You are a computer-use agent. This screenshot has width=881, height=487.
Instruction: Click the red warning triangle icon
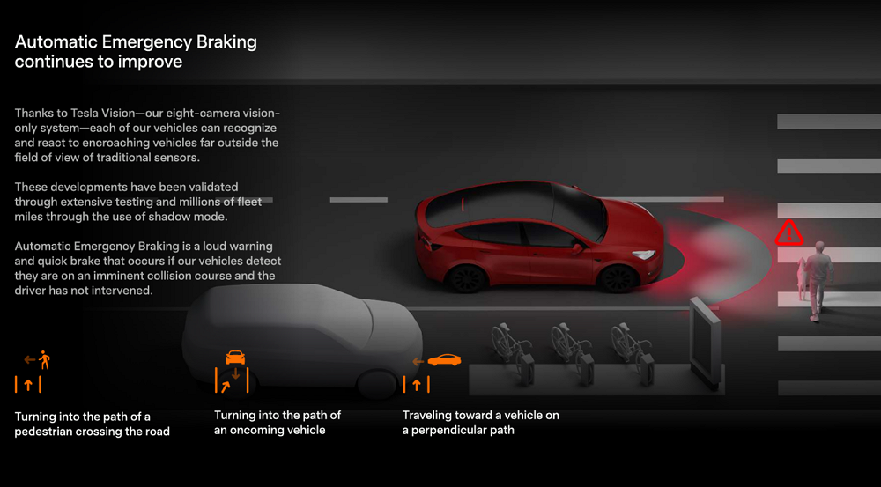[x=788, y=232]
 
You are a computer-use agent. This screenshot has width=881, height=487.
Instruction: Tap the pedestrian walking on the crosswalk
[x=818, y=281]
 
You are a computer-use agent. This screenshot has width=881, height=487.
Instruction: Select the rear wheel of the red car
[x=465, y=278]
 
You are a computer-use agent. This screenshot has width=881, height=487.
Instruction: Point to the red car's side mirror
[x=576, y=247]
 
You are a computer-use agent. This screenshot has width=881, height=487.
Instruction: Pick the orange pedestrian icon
[x=44, y=359]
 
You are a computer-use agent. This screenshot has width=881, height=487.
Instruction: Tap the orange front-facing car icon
[x=235, y=358]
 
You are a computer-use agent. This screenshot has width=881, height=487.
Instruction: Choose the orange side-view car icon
[x=444, y=359]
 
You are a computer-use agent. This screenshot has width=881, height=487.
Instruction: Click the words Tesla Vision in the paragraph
[x=103, y=113]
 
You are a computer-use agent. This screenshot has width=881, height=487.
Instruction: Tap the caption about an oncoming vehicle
[x=278, y=423]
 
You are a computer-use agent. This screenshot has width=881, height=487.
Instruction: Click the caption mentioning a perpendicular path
[x=480, y=423]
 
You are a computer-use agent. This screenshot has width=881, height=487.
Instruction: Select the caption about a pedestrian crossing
[x=93, y=424]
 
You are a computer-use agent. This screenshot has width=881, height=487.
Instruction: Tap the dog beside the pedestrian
[x=801, y=278]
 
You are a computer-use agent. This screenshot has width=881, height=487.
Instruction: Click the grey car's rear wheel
[x=378, y=384]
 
